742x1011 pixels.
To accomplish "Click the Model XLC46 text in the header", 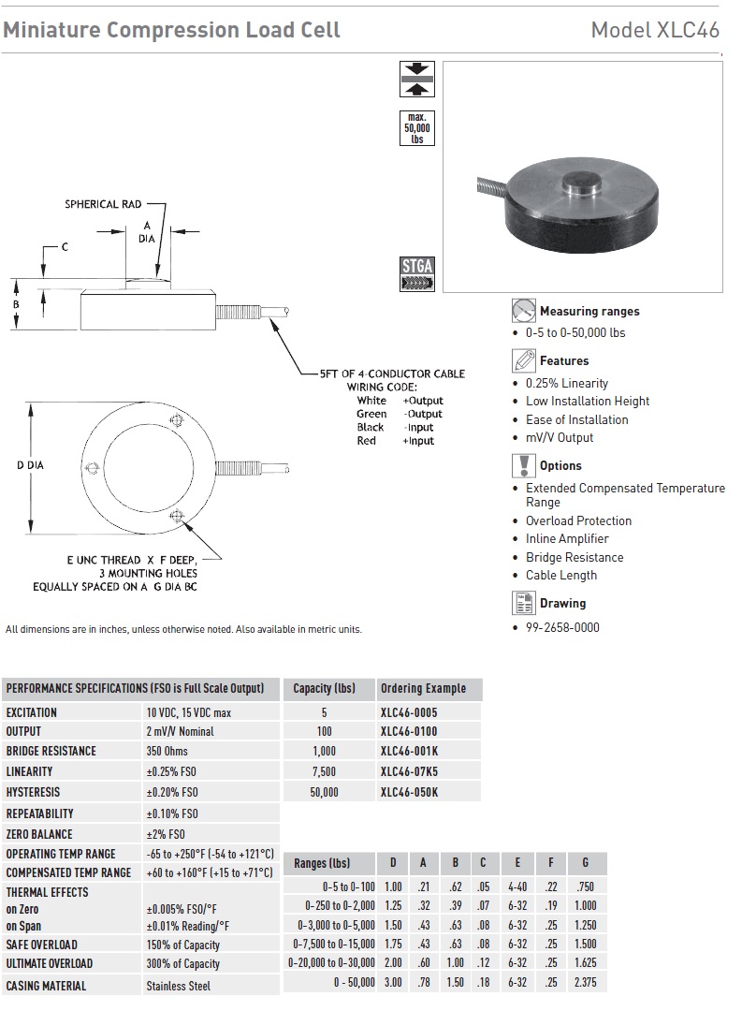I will point(655,30).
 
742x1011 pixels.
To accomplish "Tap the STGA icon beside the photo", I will point(417,272).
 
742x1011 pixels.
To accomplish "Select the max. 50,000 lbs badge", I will point(417,127).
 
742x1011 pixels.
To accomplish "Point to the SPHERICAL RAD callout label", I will point(104,204).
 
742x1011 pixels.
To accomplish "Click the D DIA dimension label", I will point(30,465).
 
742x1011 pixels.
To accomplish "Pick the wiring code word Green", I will point(371,414).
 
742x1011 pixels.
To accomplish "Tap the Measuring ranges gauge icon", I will point(523,311).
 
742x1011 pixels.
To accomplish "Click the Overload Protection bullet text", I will point(578,520).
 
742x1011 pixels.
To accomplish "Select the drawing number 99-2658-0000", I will point(562,627).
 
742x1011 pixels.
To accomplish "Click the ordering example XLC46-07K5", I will point(409,771).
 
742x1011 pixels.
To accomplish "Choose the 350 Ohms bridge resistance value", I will point(167,751).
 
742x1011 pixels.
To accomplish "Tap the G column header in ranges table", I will point(586,863).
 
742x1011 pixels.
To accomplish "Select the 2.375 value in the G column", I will point(585,982).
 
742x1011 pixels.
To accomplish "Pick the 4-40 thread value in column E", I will point(516,886).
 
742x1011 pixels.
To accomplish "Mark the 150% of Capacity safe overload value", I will point(182,945).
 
